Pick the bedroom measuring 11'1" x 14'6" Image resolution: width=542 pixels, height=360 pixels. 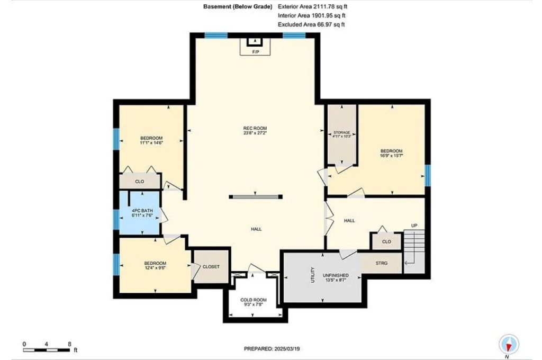[x=150, y=140]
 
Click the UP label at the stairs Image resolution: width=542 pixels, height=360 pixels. [x=414, y=226]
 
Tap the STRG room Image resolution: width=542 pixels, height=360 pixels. [x=382, y=263]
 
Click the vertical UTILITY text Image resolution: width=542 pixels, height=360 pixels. [x=313, y=276]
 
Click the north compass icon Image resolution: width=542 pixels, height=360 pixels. [x=508, y=345]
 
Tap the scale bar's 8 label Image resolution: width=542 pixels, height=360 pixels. [x=70, y=344]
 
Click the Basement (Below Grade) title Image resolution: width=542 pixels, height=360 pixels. [x=238, y=7]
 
